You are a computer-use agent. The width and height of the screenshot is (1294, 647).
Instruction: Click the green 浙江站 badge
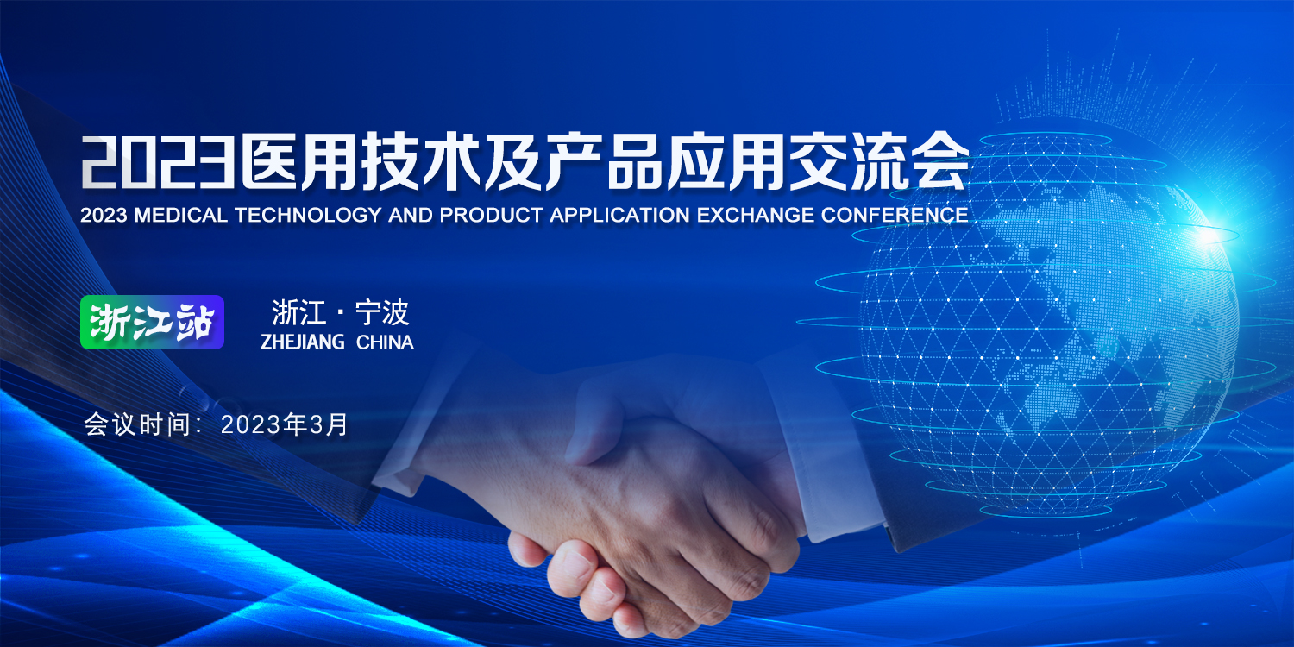152,323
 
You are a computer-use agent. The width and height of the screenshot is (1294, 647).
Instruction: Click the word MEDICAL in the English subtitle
181,216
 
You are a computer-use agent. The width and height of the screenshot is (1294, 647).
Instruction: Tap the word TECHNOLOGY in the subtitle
307,216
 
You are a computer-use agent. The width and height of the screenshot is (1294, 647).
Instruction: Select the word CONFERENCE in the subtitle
895,216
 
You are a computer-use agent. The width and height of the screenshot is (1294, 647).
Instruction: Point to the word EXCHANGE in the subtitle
756,216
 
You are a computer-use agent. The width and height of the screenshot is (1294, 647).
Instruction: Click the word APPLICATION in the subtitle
620,216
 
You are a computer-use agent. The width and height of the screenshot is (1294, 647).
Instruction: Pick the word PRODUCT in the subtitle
491,216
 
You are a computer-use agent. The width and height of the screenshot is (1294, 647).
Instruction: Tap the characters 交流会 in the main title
878,162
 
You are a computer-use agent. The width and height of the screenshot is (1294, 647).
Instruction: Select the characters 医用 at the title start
299,162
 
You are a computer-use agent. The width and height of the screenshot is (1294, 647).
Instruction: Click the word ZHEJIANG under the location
302,342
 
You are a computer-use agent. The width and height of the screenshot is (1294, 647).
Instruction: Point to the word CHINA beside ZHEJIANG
385,342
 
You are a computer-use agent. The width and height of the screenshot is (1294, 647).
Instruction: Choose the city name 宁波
382,312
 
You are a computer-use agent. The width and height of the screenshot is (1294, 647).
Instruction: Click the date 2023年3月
284,424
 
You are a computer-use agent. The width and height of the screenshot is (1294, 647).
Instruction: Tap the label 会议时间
137,424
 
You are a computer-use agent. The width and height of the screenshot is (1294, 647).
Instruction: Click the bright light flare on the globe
1209,234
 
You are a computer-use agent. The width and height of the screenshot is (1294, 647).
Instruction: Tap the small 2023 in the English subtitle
104,216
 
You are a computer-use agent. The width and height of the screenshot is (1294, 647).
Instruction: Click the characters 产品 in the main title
604,162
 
